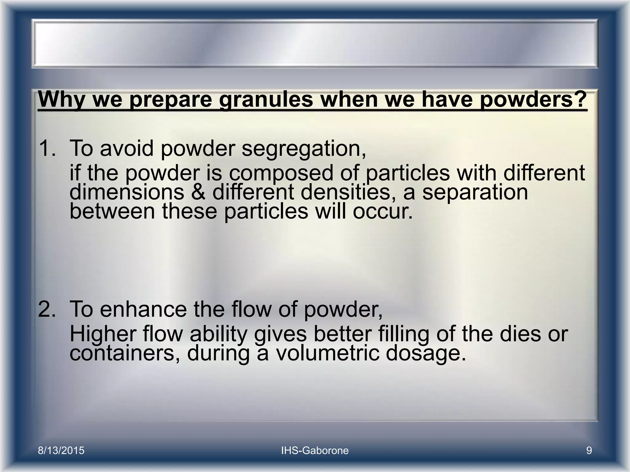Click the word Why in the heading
coord(61,100)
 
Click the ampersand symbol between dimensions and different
coord(198,192)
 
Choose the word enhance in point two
coord(143,309)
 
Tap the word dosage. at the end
coord(426,354)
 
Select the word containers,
coord(125,353)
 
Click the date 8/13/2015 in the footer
coord(61,451)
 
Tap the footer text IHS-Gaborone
coord(315,451)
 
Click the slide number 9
coord(589,451)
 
